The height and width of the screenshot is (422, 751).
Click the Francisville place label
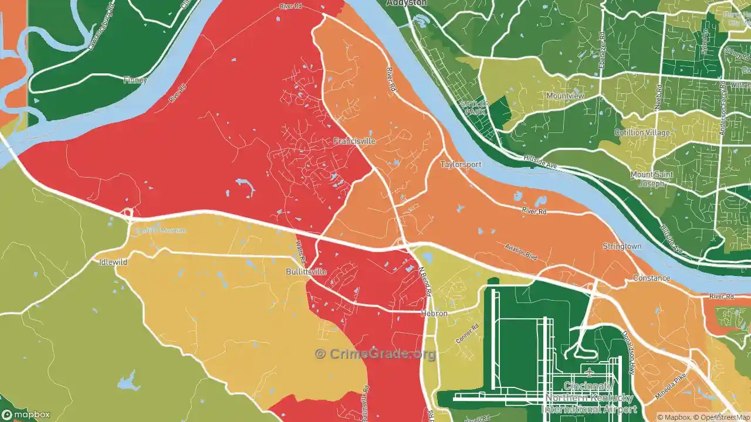(354, 141)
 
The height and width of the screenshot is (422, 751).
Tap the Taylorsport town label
(461, 165)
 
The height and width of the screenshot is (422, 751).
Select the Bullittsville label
(306, 272)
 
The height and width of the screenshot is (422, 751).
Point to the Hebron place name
(434, 314)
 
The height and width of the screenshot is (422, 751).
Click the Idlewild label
(113, 262)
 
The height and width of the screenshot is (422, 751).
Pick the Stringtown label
(622, 247)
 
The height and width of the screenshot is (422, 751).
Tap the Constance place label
(651, 278)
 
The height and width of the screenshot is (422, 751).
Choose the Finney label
(135, 80)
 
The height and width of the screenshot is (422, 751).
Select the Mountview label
(565, 96)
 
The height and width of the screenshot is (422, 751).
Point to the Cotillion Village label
(642, 132)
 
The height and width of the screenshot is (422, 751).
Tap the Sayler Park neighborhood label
(475, 107)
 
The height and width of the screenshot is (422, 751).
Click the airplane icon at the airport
(589, 373)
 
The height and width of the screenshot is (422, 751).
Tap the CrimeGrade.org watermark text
(375, 354)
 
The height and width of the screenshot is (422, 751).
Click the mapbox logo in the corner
(26, 414)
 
